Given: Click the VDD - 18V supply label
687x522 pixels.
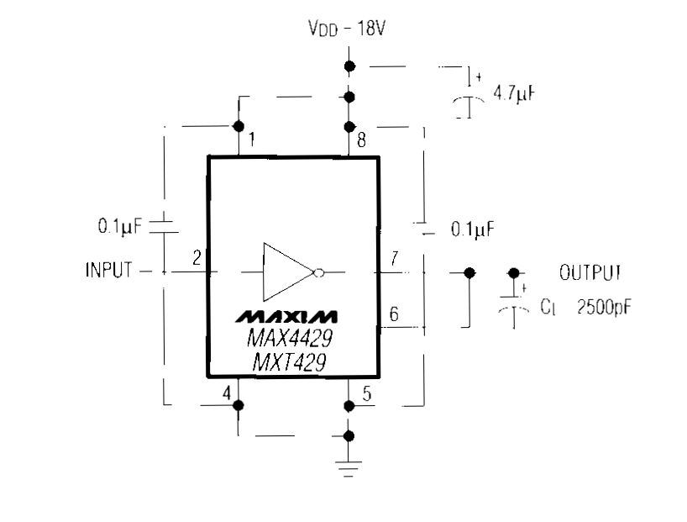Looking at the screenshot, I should [347, 30].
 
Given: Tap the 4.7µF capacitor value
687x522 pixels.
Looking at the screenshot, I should [515, 93].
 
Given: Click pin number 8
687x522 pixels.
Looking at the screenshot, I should [361, 140].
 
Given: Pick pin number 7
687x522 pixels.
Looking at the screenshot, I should [394, 257].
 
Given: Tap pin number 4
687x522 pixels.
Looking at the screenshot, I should [226, 393].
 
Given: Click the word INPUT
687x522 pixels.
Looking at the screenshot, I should [108, 271].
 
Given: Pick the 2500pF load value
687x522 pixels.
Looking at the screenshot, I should [603, 308].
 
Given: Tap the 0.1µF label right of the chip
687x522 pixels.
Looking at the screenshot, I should [471, 228].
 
